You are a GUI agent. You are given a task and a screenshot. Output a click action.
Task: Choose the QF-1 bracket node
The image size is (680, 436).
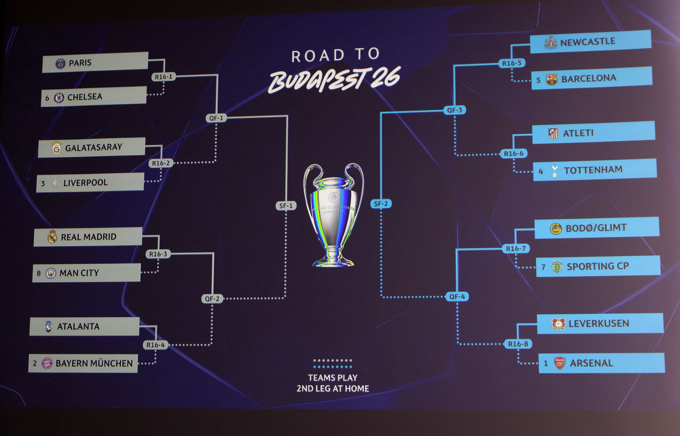(216, 118)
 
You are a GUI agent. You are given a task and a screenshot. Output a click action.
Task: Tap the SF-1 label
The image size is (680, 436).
(286, 206)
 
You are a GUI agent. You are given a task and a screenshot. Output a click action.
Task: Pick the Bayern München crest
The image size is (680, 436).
(47, 363)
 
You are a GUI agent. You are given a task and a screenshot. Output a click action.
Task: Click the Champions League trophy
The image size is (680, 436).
(333, 215)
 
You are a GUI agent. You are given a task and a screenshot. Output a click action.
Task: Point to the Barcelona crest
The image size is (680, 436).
(551, 80)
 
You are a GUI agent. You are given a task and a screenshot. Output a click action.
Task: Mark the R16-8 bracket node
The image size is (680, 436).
(518, 344)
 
